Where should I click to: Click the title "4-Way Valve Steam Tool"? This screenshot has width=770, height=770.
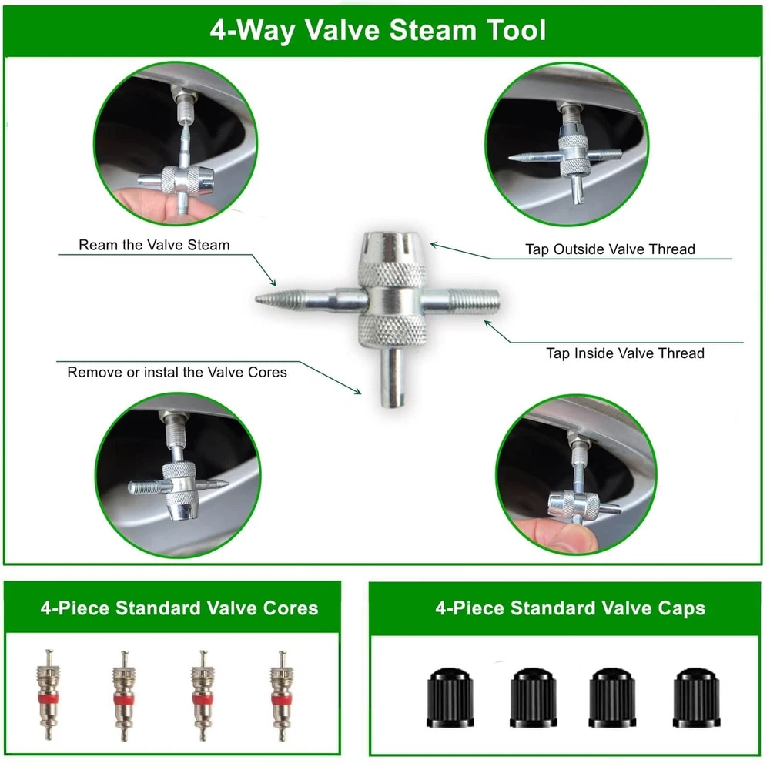click(377, 31)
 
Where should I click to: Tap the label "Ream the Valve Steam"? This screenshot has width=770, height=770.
click(154, 245)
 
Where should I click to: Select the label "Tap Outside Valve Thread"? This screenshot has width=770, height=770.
click(610, 249)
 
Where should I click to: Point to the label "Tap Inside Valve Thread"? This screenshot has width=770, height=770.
click(625, 353)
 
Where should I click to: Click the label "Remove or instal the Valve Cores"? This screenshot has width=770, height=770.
click(177, 372)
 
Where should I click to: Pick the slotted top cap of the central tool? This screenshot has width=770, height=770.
click(391, 249)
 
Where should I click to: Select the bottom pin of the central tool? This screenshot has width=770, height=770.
click(393, 377)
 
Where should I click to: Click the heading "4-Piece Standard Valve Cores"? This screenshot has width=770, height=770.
click(179, 608)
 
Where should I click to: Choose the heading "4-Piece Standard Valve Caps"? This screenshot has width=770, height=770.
click(570, 608)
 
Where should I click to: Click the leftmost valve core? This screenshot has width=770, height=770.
click(49, 695)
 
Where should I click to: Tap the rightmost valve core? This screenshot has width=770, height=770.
click(281, 695)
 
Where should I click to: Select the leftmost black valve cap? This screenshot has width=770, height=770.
click(450, 698)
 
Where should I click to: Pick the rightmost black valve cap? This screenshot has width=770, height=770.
click(696, 698)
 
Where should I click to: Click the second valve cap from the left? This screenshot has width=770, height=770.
click(534, 698)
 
